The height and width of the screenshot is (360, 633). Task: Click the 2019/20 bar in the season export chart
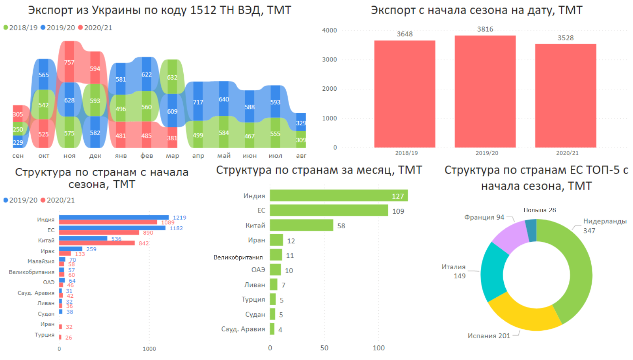tap(485, 91)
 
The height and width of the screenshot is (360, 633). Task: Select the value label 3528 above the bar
tap(565, 38)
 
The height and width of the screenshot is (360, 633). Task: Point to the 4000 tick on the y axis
tap(330, 30)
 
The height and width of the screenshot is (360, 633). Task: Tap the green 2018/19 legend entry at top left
tap(20, 28)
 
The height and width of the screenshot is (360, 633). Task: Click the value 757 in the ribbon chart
tap(69, 62)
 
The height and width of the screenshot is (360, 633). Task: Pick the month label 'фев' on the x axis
tap(147, 156)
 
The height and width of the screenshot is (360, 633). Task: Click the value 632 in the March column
tap(172, 77)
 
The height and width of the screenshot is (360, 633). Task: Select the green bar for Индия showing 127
tap(339, 196)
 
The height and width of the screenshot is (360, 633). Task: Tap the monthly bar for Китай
tap(302, 226)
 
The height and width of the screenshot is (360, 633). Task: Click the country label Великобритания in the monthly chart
tap(238, 257)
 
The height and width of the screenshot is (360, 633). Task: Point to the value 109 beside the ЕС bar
tap(398, 211)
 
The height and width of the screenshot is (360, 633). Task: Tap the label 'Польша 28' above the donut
tap(540, 210)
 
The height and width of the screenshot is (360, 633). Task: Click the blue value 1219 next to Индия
tap(179, 218)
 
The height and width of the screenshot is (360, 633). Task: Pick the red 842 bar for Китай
tap(97, 243)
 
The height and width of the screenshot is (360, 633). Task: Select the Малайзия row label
tap(41, 261)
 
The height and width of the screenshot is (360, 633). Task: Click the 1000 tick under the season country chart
tap(149, 349)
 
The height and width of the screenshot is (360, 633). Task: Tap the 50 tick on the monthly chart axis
tap(324, 348)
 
